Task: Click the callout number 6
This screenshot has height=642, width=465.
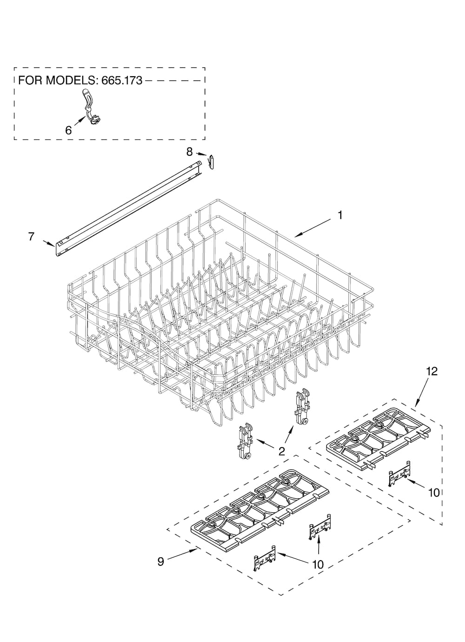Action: click(x=68, y=131)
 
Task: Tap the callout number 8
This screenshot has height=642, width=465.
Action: click(x=190, y=152)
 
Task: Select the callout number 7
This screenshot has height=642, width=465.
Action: click(x=31, y=237)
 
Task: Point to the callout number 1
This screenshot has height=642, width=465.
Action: click(x=340, y=215)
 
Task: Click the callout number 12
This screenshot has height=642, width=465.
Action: click(x=432, y=371)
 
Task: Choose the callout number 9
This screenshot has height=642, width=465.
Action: click(x=161, y=562)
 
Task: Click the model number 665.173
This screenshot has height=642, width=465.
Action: click(x=122, y=80)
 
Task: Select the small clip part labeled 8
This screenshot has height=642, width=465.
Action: click(x=211, y=162)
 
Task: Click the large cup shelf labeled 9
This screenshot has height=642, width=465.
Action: click(x=260, y=512)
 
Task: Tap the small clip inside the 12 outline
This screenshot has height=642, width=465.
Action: click(x=399, y=475)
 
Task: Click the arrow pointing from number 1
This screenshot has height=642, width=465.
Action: click(x=313, y=228)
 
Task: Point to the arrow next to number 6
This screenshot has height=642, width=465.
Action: click(x=80, y=120)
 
